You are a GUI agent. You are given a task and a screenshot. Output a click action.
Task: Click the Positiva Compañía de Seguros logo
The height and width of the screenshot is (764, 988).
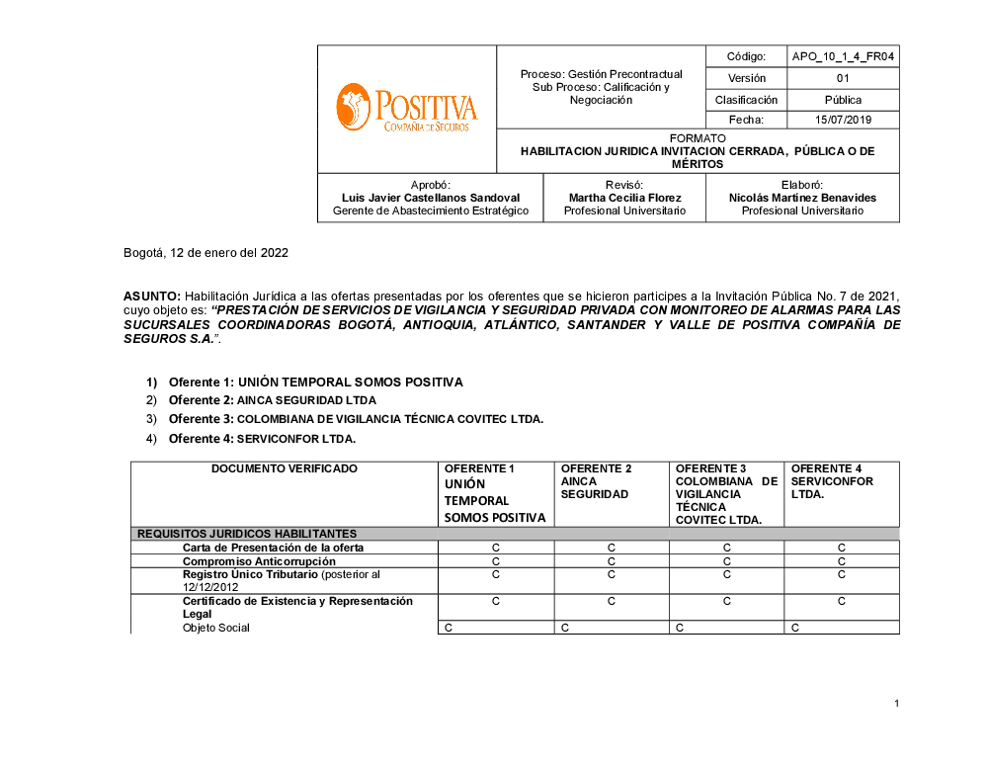(x=406, y=108)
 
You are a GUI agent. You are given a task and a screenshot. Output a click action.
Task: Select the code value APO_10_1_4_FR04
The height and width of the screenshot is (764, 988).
(x=843, y=57)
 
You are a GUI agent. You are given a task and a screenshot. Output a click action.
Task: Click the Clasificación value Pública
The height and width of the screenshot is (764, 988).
(x=843, y=100)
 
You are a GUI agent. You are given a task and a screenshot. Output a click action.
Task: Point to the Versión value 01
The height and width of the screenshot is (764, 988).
(x=843, y=78)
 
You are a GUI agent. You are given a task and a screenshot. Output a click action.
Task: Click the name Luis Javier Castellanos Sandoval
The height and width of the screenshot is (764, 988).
(x=430, y=198)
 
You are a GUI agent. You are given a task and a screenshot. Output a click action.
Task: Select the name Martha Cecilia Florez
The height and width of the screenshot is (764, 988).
(x=624, y=198)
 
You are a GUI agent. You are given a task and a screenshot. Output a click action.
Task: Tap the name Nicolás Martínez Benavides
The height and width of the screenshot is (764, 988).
(x=802, y=198)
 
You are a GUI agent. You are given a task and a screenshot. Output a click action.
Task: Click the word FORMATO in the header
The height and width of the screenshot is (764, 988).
(x=698, y=138)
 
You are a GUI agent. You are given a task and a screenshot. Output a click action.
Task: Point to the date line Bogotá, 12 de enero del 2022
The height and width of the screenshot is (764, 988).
(x=206, y=253)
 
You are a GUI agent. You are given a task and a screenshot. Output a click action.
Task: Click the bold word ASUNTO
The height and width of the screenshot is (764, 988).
(x=151, y=297)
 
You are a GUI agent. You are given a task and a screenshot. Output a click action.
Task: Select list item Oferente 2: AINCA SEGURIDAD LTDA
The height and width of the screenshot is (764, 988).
(x=272, y=400)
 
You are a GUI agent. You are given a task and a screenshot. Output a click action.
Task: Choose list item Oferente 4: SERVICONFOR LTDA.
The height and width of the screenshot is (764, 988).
(x=262, y=439)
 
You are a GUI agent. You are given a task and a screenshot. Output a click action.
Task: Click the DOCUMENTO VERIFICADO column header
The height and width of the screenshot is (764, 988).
(x=285, y=468)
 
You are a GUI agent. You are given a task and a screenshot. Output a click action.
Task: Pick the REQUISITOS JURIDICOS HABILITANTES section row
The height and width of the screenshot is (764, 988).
(x=246, y=534)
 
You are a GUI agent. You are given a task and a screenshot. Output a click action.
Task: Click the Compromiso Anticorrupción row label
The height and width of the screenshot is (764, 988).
(x=259, y=561)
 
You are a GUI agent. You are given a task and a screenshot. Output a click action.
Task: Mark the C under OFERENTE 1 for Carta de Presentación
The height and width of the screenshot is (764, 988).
(x=496, y=548)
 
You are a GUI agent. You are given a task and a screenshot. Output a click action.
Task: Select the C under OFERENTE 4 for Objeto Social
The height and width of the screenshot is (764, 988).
(x=794, y=628)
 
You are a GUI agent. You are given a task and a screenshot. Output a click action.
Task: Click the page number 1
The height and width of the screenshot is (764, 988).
(x=896, y=704)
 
